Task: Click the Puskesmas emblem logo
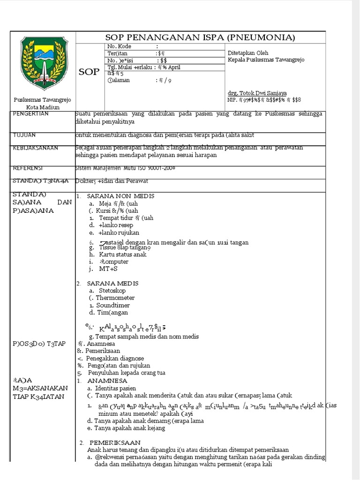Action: [x=42, y=63]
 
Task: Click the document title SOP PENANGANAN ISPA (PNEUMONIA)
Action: [x=201, y=37]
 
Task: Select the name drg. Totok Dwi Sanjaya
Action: [x=257, y=93]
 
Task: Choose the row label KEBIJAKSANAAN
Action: [x=36, y=148]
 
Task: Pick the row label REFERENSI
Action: [x=28, y=168]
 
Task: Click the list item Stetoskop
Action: [x=113, y=291]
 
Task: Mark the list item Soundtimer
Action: [x=115, y=305]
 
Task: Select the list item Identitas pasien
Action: [x=115, y=389]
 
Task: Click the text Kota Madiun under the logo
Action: [x=42, y=107]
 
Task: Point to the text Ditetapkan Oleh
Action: [x=248, y=53]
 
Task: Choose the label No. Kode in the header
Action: [x=120, y=46]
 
